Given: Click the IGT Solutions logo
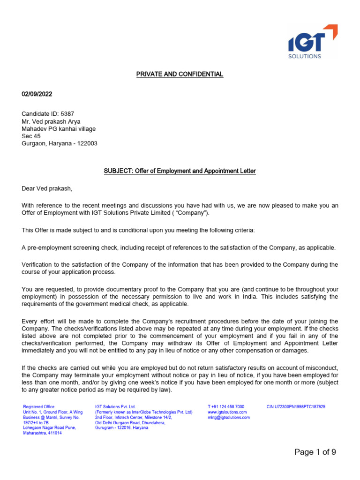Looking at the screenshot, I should click(x=312, y=43).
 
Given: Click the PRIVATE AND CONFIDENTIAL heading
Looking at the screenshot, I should click(x=180, y=75).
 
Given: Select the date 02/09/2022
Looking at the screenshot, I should click(x=37, y=94).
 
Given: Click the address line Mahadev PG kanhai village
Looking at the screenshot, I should click(x=59, y=128).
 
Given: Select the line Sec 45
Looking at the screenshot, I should click(x=31, y=136).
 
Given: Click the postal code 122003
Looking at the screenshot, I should click(x=87, y=143).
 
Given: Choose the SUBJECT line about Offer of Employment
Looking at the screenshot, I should click(x=180, y=171).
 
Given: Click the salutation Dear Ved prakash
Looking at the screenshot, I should click(x=47, y=189).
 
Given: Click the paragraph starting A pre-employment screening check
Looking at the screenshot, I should click(x=179, y=247).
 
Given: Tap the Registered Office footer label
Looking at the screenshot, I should click(x=39, y=407).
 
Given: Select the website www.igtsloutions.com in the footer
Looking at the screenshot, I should click(x=227, y=412).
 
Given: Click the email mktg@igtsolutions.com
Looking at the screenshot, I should click(x=229, y=417).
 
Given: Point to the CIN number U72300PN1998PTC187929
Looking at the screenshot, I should click(x=296, y=407).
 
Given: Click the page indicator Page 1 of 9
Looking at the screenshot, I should click(x=315, y=452).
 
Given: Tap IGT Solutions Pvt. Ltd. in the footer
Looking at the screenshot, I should click(x=115, y=407).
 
